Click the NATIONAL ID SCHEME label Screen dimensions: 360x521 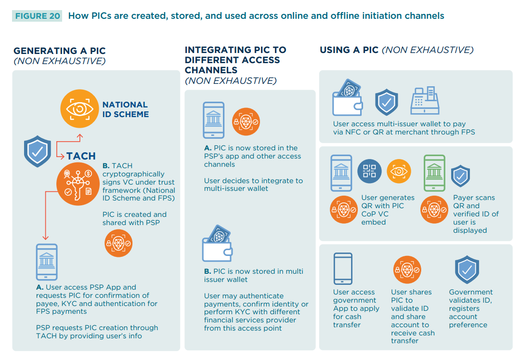125,109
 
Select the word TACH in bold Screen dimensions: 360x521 81,156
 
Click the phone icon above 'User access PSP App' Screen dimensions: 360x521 47,262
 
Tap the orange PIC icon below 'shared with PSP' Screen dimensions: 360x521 118,243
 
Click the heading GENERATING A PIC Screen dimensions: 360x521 59,51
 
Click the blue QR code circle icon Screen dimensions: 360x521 370,171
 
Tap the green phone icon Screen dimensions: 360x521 434,173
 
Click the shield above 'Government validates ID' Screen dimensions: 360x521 467,270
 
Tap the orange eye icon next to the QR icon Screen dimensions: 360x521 399,171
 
